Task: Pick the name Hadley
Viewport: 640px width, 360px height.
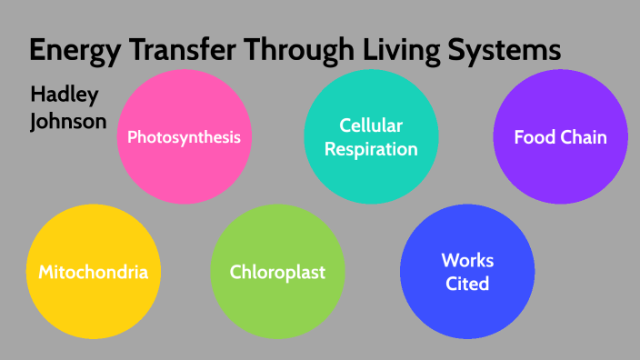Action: click(64, 95)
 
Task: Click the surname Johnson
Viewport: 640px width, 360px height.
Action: click(68, 120)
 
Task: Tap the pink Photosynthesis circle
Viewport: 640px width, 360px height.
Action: click(184, 136)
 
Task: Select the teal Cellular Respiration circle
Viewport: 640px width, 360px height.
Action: click(370, 136)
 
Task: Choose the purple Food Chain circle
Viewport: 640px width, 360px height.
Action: click(560, 136)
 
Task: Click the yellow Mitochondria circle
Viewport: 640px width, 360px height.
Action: click(93, 272)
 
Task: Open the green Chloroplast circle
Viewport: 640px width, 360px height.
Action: click(277, 272)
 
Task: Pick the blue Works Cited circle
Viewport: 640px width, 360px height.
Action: click(467, 272)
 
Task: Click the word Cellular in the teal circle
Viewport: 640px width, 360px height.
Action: click(371, 125)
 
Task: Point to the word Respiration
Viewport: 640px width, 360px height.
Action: click(371, 148)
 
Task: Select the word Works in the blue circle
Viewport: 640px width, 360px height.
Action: click(467, 261)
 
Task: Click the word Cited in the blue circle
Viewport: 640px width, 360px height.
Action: click(467, 284)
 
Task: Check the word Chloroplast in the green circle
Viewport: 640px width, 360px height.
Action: click(277, 272)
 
